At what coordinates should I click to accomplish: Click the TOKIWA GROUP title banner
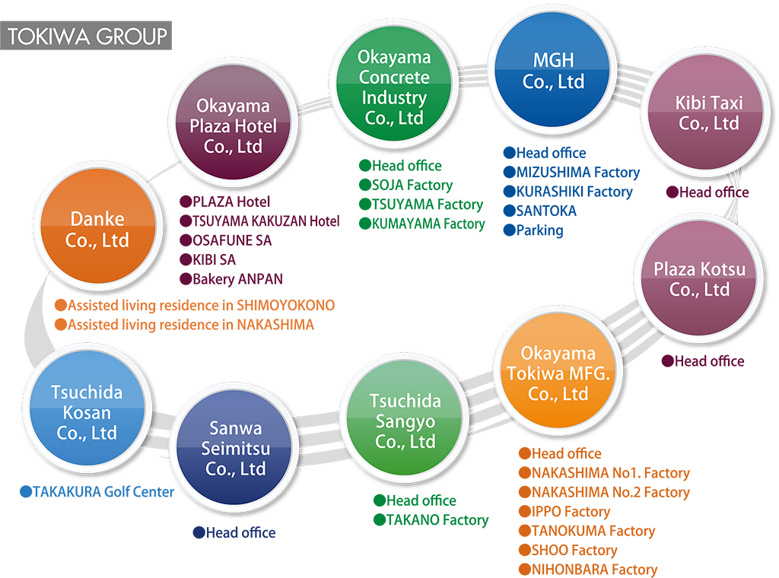[x=87, y=36]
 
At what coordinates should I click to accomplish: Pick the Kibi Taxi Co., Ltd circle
[x=709, y=113]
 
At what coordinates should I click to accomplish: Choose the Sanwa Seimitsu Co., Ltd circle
[x=235, y=449]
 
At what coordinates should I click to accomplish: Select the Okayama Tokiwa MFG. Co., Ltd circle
[x=558, y=373]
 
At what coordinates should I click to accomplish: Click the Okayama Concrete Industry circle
[x=393, y=87]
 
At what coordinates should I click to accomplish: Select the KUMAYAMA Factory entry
[x=428, y=224]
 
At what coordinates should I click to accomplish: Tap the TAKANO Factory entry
[x=437, y=520]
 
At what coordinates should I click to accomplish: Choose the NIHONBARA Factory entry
[x=594, y=570]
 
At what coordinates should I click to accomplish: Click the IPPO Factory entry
[x=571, y=512]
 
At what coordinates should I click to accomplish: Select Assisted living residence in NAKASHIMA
[x=190, y=325]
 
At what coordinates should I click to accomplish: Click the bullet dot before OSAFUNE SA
[x=185, y=240]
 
